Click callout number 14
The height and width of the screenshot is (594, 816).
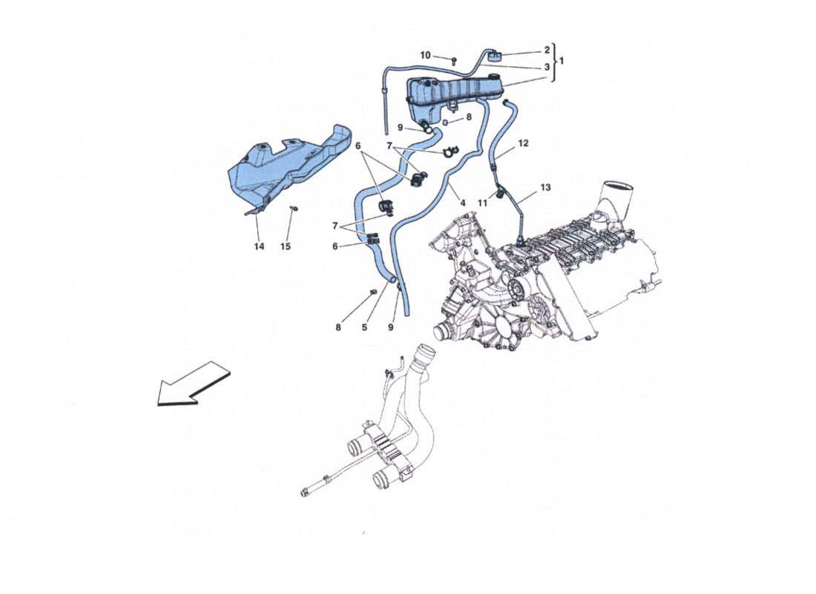pyautogui.click(x=259, y=247)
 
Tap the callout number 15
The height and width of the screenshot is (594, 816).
pyautogui.click(x=286, y=247)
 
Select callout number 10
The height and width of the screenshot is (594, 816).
pyautogui.click(x=425, y=56)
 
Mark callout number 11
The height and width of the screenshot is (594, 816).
pyautogui.click(x=482, y=203)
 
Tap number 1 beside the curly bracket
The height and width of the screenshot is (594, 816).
pyautogui.click(x=562, y=59)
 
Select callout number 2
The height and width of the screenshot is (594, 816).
pyautogui.click(x=547, y=50)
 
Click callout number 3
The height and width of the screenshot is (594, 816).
pyautogui.click(x=547, y=67)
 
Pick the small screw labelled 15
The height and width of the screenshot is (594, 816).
pyautogui.click(x=294, y=209)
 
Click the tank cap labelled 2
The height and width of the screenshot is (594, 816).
pyautogui.click(x=496, y=53)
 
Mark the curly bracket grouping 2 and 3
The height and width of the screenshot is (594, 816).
pyautogui.click(x=555, y=59)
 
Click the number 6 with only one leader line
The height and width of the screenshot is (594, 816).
pyautogui.click(x=335, y=247)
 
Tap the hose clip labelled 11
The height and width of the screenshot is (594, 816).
pyautogui.click(x=501, y=193)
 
